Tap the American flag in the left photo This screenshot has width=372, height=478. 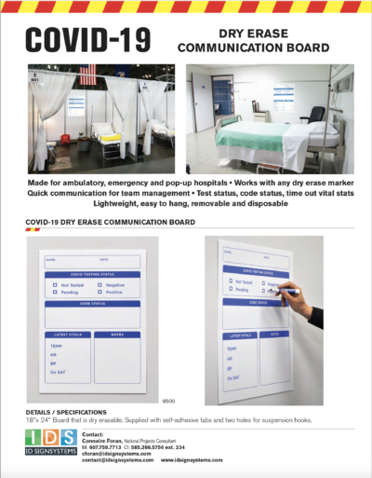pos(88,75)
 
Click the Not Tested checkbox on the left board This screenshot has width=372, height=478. pos(54,280)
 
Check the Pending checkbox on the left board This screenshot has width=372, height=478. pos(54,291)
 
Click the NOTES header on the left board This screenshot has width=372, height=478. pos(114,334)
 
